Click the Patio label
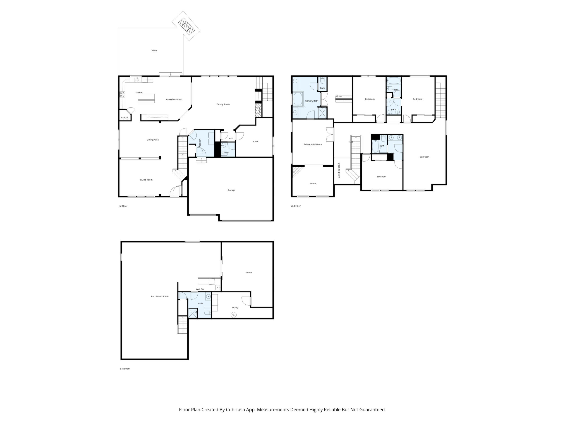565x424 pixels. (x=154, y=51)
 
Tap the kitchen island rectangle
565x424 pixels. (x=146, y=98)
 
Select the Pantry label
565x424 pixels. (x=124, y=118)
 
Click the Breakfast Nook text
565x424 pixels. (x=174, y=100)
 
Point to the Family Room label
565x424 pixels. (x=223, y=104)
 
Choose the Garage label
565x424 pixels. (x=231, y=190)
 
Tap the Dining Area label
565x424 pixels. (x=153, y=140)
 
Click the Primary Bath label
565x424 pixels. (x=311, y=101)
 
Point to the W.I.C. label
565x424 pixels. (x=338, y=96)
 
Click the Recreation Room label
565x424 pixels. (x=160, y=296)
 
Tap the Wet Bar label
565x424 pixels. (x=200, y=289)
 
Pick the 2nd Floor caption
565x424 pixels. (x=296, y=206)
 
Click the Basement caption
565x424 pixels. (x=125, y=369)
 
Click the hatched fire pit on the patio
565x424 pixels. (x=186, y=26)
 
